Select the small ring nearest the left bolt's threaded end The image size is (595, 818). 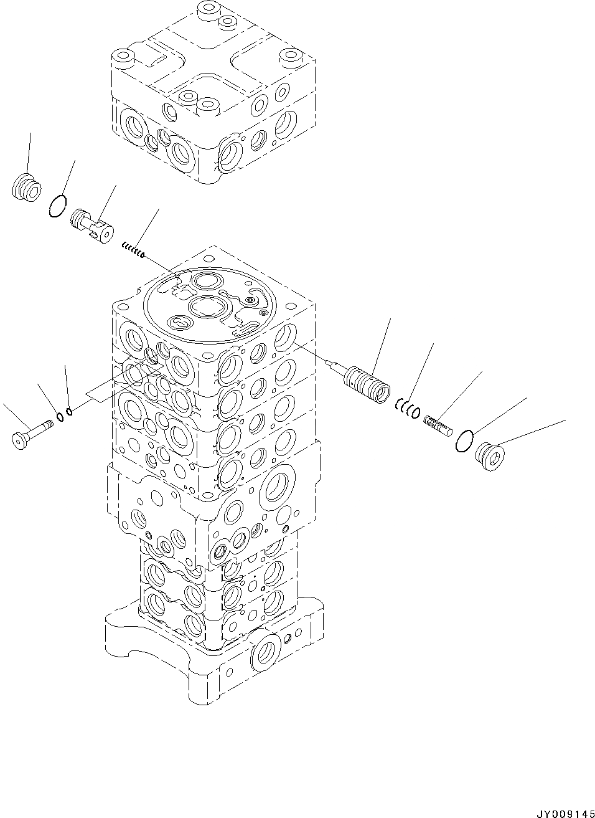[60, 417]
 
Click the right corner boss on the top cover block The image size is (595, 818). [290, 59]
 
